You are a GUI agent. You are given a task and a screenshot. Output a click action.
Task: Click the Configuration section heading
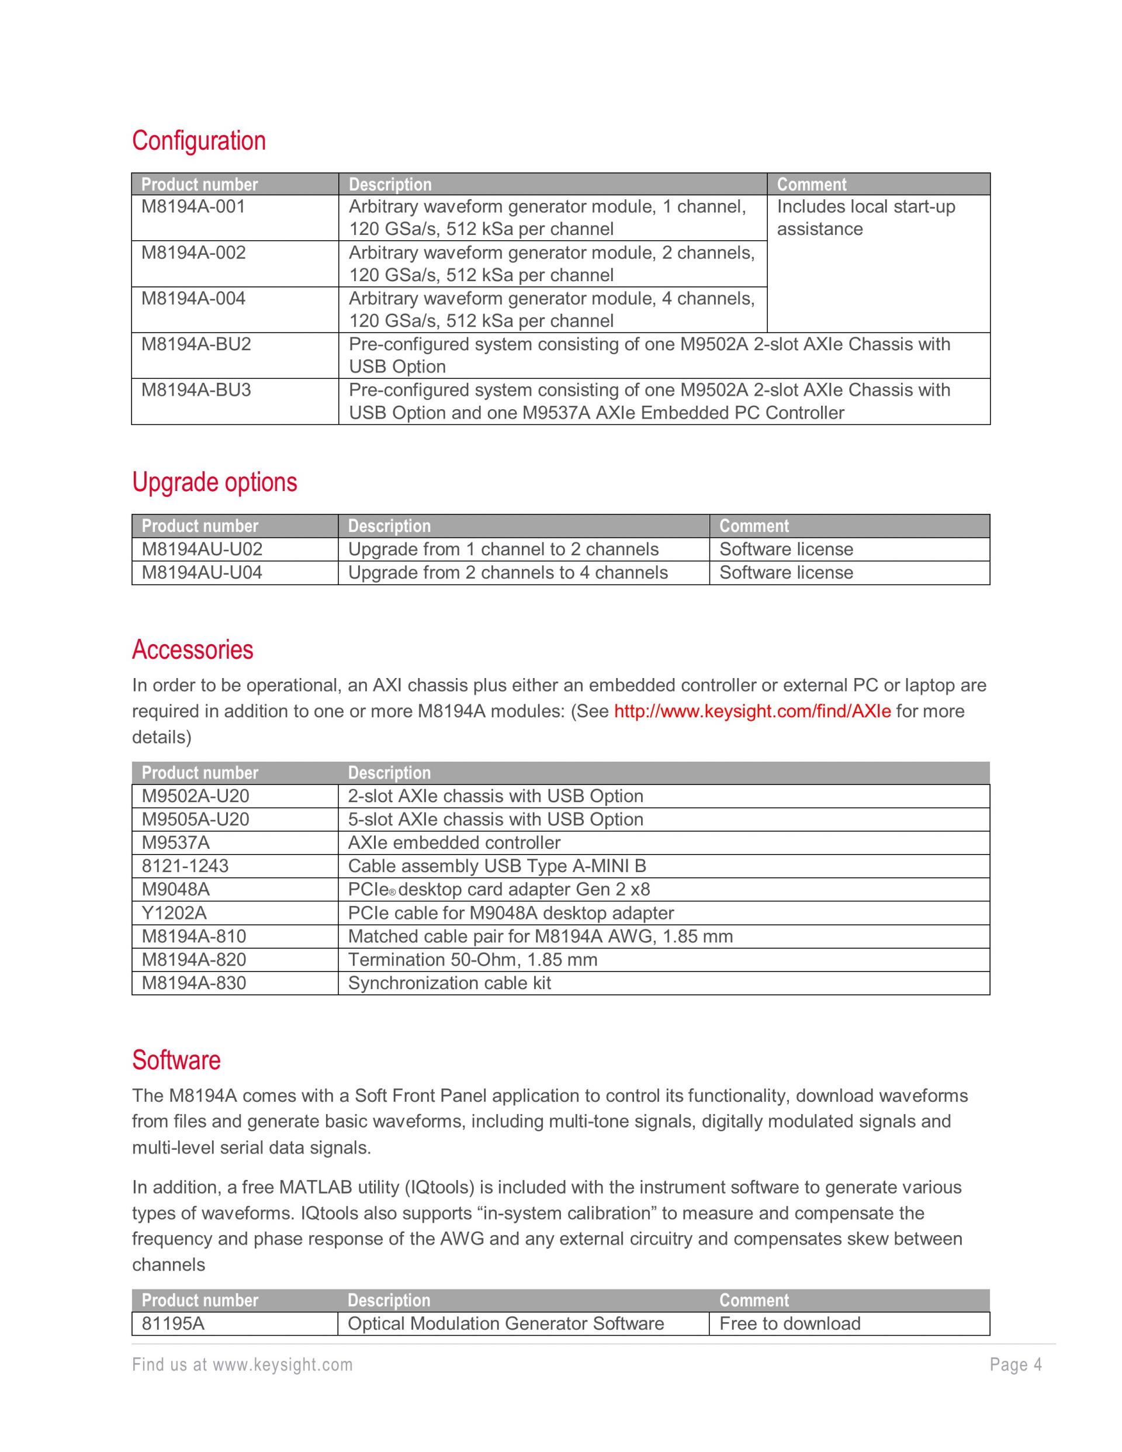coord(199,141)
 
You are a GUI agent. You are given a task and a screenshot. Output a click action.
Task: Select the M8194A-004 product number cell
coord(193,299)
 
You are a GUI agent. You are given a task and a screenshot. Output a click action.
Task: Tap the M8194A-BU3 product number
coord(196,390)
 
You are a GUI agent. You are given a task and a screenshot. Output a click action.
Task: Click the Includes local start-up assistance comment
coord(865,217)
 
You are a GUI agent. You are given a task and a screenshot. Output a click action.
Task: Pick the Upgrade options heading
coord(214,482)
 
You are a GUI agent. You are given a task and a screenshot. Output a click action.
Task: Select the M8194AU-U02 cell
coord(202,549)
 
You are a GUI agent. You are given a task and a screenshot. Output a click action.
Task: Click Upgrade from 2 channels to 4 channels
coord(508,572)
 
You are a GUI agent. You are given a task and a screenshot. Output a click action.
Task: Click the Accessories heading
coord(193,649)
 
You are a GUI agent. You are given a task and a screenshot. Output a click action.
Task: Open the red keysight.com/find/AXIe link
coord(752,711)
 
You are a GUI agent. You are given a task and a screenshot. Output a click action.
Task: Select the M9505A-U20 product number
coord(195,819)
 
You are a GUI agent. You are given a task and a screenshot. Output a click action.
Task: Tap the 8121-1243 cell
coord(185,866)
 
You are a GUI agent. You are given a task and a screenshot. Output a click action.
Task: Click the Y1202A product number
coord(174,913)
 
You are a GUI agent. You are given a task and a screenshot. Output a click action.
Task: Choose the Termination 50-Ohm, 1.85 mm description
coord(473,959)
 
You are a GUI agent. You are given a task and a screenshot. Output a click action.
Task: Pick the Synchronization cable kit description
coord(449,983)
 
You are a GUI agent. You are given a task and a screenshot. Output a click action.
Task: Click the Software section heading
coord(176,1060)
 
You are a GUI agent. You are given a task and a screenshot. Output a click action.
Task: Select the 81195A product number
coord(173,1323)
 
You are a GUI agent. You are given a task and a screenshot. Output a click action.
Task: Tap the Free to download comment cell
coord(789,1323)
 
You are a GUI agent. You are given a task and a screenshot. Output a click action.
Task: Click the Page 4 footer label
coord(1016,1365)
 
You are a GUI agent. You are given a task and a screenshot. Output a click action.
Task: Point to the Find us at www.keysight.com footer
coord(242,1365)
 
